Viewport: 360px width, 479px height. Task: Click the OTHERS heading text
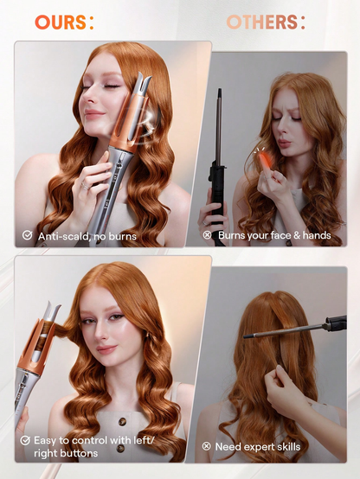click(x=266, y=22)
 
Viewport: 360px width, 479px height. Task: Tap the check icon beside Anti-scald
click(x=27, y=234)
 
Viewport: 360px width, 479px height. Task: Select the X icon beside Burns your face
click(x=207, y=234)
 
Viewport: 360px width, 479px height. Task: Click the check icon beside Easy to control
click(x=27, y=440)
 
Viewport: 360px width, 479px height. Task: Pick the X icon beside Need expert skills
click(x=207, y=446)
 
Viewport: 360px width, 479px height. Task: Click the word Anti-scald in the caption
click(x=65, y=234)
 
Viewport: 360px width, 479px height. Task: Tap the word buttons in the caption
click(x=79, y=452)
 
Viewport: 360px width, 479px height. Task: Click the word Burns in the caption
click(x=234, y=234)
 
